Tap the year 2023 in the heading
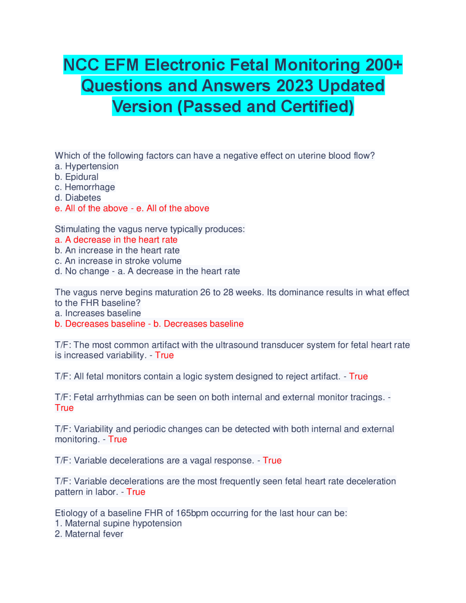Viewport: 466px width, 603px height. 295,86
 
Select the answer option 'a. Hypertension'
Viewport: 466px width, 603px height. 87,166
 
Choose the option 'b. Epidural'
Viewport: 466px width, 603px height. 76,177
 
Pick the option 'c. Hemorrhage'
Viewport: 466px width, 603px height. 85,187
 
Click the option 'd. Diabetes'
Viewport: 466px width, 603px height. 78,198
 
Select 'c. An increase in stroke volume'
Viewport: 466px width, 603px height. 118,261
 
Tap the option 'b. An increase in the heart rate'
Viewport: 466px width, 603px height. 117,251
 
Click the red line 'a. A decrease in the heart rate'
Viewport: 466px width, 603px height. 116,240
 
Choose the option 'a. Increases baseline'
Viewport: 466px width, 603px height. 98,313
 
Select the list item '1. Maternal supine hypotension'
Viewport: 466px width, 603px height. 118,523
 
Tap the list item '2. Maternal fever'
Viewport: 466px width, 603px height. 89,534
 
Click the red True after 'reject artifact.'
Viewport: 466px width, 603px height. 358,377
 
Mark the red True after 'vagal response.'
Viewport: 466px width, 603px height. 272,461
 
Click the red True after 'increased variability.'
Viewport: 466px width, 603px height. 164,355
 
